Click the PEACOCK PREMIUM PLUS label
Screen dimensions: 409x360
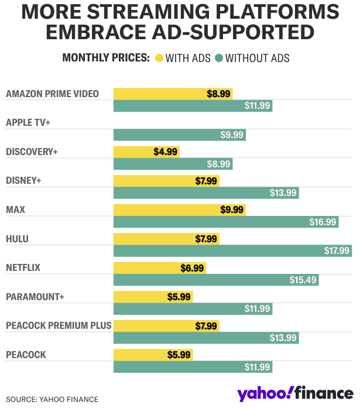pyautogui.click(x=59, y=325)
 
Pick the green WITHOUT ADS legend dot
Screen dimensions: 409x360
pyautogui.click(x=219, y=58)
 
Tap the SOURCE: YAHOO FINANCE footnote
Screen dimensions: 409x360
pyautogui.click(x=52, y=400)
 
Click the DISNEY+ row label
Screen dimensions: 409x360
pyautogui.click(x=23, y=181)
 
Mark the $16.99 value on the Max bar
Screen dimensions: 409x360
pyautogui.click(x=323, y=222)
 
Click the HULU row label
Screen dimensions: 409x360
pyautogui.click(x=17, y=239)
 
